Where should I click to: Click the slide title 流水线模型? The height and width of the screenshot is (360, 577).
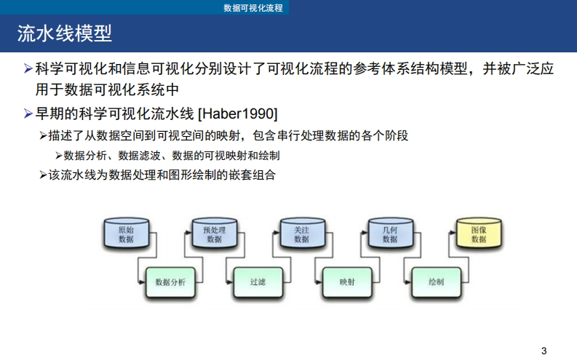pos(65,34)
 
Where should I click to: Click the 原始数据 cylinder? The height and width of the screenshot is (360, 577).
pos(126,233)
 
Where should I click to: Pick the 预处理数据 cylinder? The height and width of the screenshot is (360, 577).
pos(215,233)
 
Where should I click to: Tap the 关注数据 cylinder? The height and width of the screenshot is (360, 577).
pos(301,233)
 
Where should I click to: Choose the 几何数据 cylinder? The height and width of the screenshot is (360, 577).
pos(390,233)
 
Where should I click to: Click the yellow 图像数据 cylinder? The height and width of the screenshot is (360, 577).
pos(478,233)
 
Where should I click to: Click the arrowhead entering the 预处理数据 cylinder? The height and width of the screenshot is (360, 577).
pos(188,233)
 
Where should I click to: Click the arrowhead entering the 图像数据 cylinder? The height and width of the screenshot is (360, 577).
pos(453,233)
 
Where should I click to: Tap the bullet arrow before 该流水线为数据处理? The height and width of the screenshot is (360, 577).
pos(43,175)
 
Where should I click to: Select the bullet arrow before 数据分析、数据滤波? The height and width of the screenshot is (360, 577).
pos(59,156)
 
